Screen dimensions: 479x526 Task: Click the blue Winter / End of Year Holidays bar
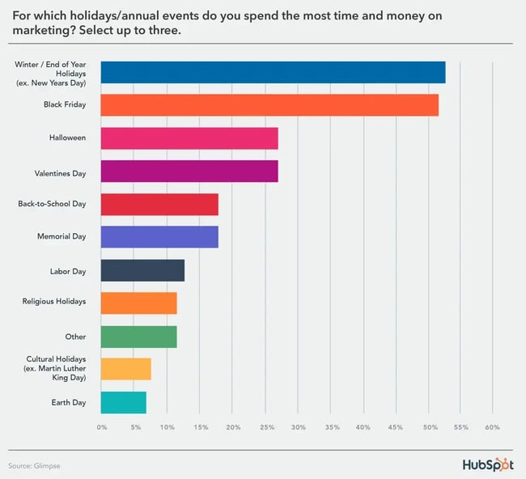(273, 72)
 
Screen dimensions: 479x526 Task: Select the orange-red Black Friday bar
(269, 105)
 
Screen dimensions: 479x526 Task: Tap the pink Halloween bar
(189, 138)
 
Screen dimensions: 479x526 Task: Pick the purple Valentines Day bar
(189, 172)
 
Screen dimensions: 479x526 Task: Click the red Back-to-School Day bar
(159, 205)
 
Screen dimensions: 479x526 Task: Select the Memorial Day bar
(159, 237)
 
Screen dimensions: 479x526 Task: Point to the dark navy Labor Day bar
(142, 270)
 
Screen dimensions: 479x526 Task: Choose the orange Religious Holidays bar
(138, 303)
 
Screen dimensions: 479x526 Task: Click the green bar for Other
(138, 336)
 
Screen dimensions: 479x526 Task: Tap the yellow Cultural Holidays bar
(125, 369)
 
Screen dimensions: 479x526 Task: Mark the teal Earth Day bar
(123, 402)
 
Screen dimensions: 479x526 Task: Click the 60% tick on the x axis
(492, 426)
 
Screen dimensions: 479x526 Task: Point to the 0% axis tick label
(102, 426)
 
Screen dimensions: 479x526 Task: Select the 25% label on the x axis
(265, 426)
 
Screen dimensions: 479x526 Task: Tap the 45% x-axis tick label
(395, 426)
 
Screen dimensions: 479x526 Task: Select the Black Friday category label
(64, 105)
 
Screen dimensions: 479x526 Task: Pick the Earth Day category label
(69, 402)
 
